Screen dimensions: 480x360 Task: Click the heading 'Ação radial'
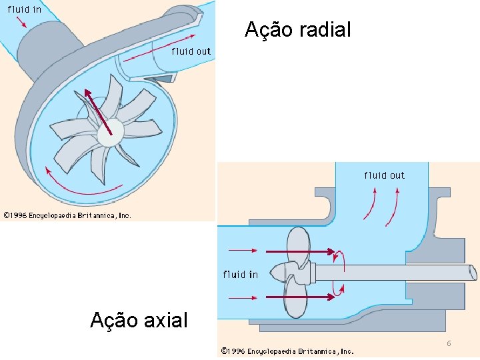[297, 30]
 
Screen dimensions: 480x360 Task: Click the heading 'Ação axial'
[139, 321]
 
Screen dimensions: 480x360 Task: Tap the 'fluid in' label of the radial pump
[25, 9]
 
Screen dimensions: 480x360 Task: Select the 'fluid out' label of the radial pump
[191, 51]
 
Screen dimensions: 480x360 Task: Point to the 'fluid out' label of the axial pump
[384, 175]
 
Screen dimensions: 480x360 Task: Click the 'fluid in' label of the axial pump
[240, 274]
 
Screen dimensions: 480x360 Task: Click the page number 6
[449, 343]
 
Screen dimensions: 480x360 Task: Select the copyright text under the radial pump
[67, 215]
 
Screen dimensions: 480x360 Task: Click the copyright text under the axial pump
[287, 351]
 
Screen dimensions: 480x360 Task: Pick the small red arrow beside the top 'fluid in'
[24, 22]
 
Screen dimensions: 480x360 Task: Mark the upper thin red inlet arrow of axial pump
[243, 251]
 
